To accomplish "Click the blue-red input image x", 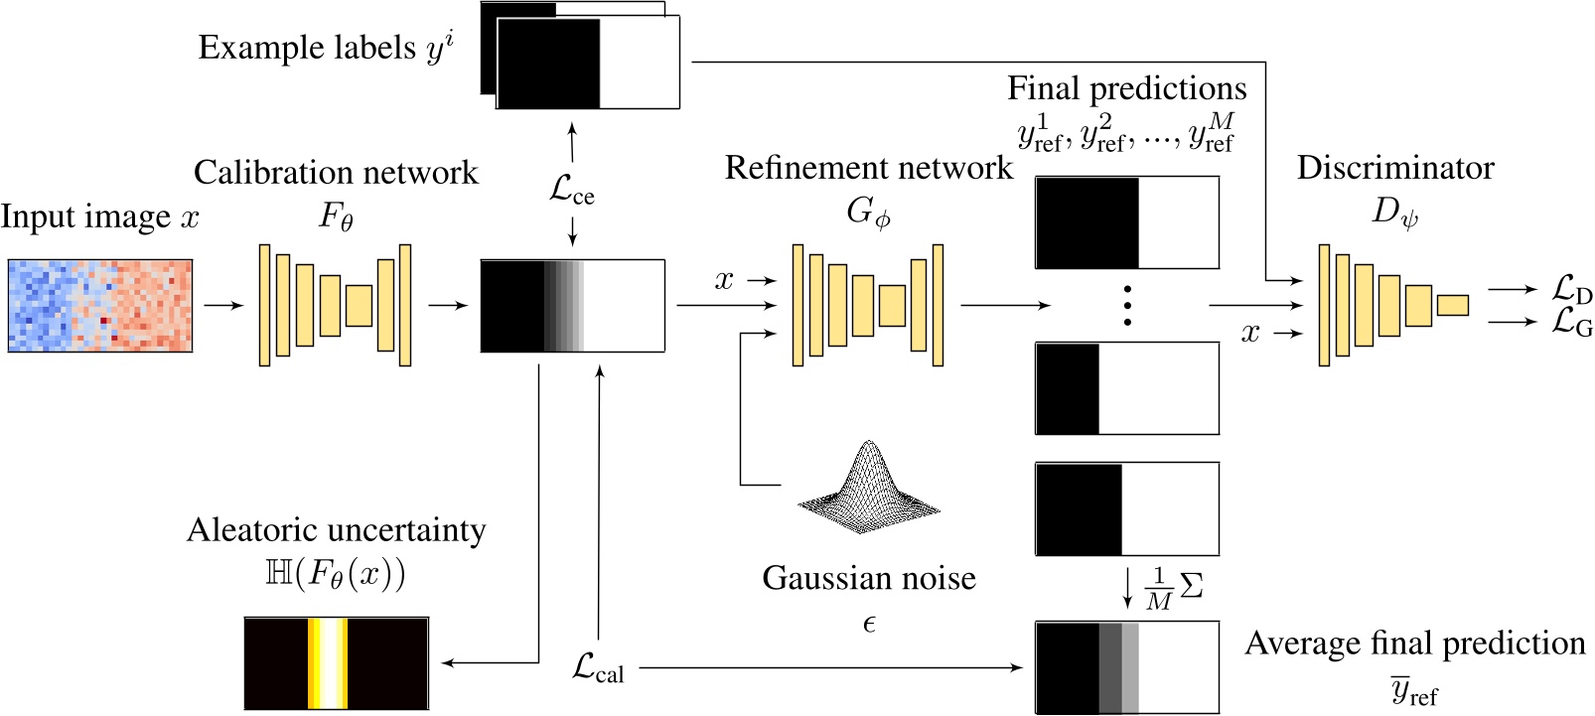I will click(x=100, y=306).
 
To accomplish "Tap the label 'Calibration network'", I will click(x=336, y=173).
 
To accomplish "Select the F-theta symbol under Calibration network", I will click(x=336, y=215).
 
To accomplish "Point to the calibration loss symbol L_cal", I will click(x=598, y=667).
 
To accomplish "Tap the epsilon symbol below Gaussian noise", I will click(x=869, y=624).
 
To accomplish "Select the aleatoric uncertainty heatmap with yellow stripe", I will click(x=337, y=663).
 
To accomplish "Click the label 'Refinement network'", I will click(x=869, y=168).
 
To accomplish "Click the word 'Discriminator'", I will click(x=1395, y=168).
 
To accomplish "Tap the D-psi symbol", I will click(x=1395, y=212).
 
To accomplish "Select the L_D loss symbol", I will click(x=1572, y=289).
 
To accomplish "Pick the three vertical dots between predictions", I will click(x=1127, y=306).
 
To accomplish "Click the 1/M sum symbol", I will click(x=1173, y=588).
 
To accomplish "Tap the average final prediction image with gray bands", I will click(x=1127, y=667).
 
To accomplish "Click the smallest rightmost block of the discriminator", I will click(x=1452, y=305).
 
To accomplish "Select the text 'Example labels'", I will click(x=307, y=48).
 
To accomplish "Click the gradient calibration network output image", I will click(x=572, y=306).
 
